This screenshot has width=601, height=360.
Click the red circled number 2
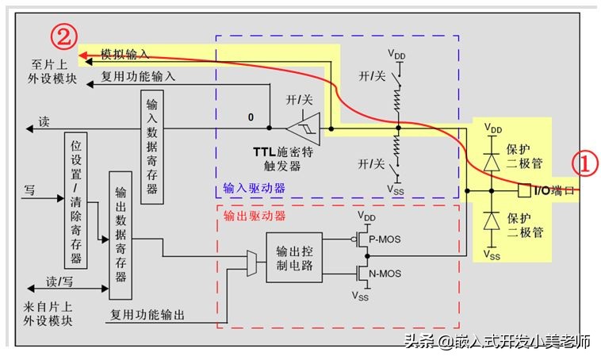point(64,37)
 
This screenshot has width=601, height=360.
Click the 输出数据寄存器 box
point(121,233)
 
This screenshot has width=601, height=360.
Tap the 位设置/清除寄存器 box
point(76,201)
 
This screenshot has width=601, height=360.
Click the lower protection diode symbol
point(492,220)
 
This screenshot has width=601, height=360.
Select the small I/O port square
point(523,190)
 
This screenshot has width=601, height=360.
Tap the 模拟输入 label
point(124,55)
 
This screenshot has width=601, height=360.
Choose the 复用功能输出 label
point(147,315)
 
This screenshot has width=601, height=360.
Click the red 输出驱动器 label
point(254,215)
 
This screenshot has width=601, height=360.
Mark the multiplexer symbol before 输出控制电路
point(253,264)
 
